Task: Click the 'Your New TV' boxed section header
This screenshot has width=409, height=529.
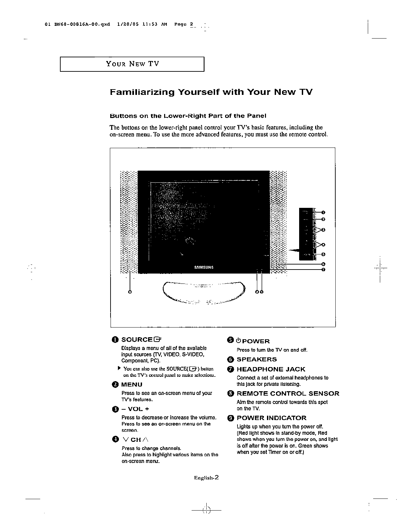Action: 132,64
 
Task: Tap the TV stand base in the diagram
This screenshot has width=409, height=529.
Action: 204,292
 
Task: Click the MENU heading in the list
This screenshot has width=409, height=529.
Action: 132,385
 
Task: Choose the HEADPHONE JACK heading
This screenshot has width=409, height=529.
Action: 271,369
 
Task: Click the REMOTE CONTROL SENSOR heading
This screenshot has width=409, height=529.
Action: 288,394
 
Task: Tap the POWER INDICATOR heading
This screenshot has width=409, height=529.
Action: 271,418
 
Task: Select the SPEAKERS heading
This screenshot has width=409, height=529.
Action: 257,359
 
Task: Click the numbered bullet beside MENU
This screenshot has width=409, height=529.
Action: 115,385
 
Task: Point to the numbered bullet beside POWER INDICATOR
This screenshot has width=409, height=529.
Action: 230,418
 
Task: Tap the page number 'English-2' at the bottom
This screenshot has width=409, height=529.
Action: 206,478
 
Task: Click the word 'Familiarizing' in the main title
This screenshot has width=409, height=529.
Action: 142,92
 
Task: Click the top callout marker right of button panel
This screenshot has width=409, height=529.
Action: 323,212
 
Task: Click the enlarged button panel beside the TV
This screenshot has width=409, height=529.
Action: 306,234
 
